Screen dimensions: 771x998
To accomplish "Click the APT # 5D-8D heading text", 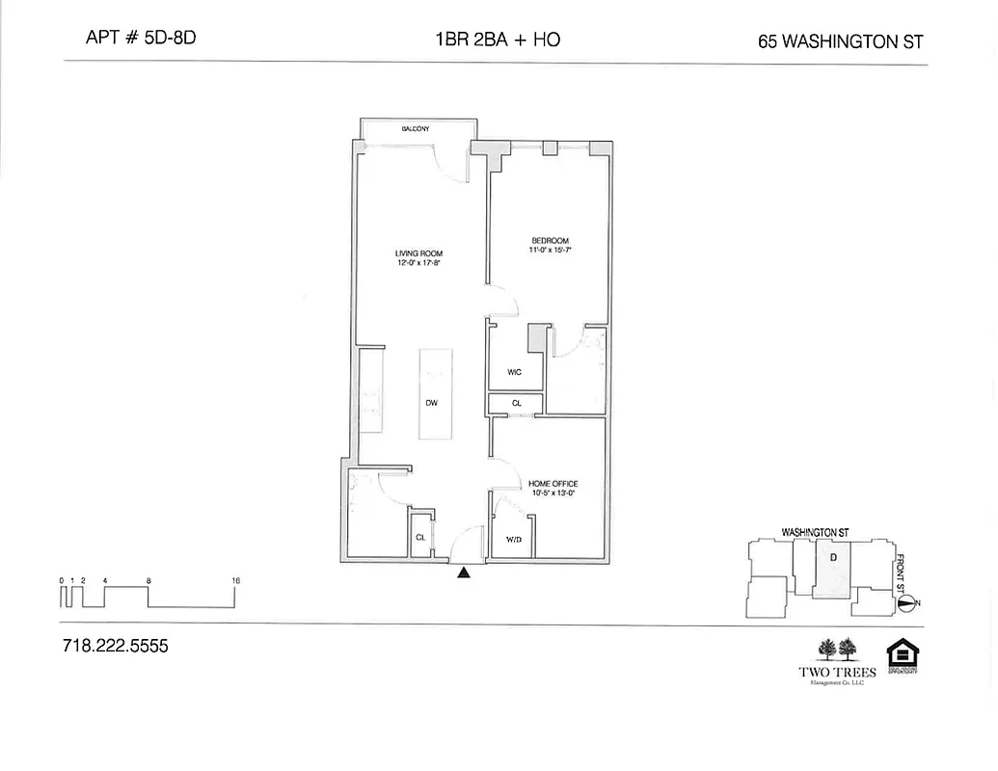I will (x=142, y=40).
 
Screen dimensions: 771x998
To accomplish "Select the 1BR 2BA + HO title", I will (x=498, y=40).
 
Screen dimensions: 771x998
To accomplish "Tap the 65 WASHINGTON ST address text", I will (x=841, y=41).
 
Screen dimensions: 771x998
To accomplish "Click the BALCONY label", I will (x=416, y=128).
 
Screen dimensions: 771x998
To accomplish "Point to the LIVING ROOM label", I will (x=418, y=253).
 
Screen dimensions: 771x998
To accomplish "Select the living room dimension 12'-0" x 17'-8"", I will (x=418, y=263).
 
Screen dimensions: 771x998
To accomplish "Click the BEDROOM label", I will (x=550, y=241).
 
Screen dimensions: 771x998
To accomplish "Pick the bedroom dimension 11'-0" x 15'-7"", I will (x=550, y=251).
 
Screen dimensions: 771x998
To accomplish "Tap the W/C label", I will (x=515, y=372).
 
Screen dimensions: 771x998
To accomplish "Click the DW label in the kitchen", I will (x=432, y=403).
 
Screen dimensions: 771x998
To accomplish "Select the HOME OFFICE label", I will (x=553, y=484).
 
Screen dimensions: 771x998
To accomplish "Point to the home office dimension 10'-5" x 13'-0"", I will (x=553, y=493).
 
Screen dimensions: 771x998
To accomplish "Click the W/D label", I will (x=514, y=539).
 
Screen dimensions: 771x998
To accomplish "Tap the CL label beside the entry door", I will (x=420, y=538).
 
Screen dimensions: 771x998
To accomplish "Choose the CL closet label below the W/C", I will (x=516, y=403).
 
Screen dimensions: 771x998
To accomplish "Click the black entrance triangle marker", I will (x=464, y=572).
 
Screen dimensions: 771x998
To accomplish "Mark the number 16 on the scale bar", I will (x=236, y=580).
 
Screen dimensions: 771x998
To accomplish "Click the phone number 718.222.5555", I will (x=115, y=647).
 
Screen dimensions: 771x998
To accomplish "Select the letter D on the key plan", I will (x=833, y=556).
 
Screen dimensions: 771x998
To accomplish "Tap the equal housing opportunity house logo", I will (x=902, y=654).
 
